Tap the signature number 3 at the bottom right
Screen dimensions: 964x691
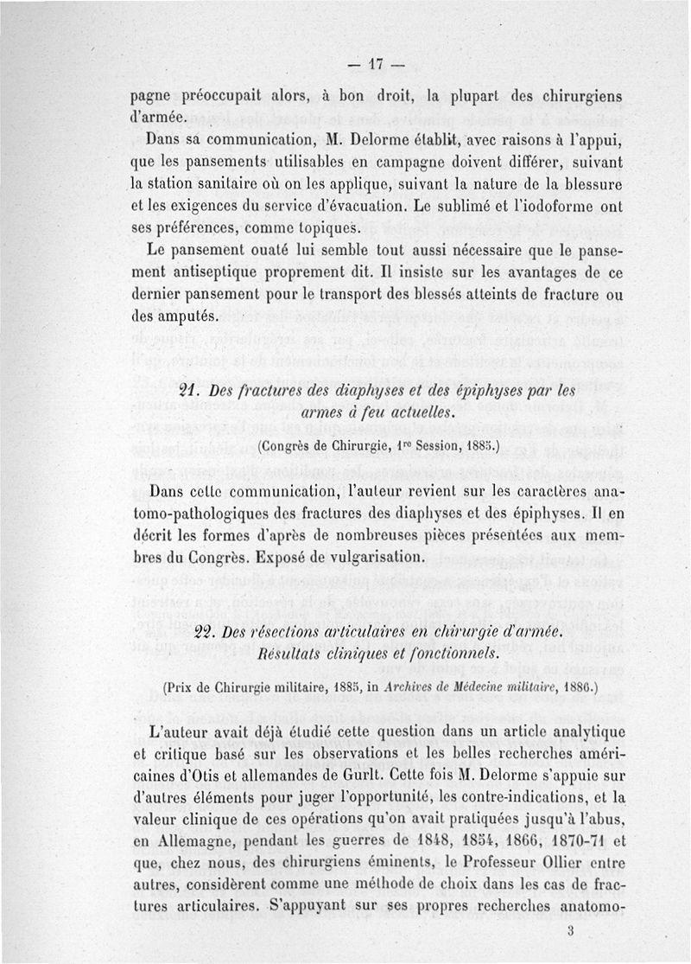[x=572, y=931]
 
